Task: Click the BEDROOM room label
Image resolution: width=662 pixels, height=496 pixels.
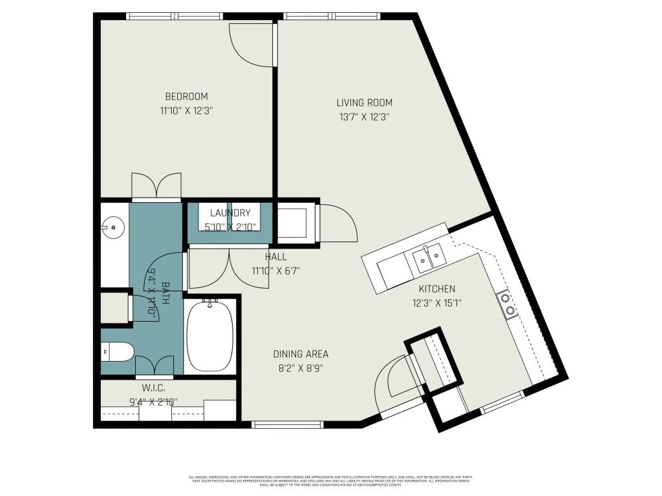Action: pos(186,97)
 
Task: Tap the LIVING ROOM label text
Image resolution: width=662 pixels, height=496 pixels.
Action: pos(364,103)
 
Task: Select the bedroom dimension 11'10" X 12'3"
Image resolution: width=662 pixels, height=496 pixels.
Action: pos(186,110)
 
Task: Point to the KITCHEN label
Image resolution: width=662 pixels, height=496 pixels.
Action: pos(437,289)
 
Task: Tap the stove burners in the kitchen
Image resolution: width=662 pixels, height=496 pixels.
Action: pos(507,304)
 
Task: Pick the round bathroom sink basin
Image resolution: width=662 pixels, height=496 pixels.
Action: pos(113,227)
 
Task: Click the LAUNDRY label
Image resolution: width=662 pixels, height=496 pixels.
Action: pos(230,213)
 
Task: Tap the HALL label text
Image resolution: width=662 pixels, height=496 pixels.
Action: pos(275,257)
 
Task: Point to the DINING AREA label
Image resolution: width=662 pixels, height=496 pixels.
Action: pos(301,354)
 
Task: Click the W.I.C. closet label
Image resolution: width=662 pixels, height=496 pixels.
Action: pos(153,388)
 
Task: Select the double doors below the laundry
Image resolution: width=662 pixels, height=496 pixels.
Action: pos(230,268)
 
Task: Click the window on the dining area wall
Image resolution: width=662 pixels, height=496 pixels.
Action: pos(286,424)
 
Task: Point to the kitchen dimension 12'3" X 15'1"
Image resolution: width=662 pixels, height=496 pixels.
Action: pos(437,302)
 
